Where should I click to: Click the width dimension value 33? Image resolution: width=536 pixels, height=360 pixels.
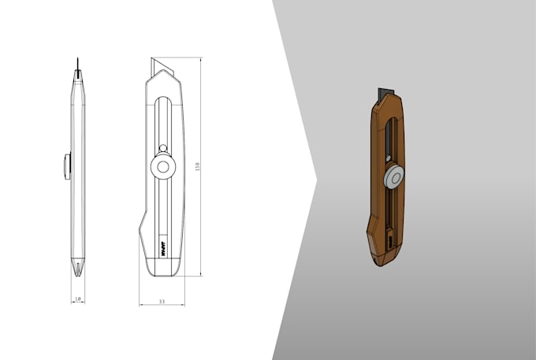[x=162, y=301]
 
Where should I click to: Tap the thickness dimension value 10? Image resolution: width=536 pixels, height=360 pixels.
[x=76, y=300]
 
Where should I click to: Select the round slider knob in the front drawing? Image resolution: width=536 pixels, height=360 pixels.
[x=163, y=166]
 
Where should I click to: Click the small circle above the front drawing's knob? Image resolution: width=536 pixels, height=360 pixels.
[x=162, y=148]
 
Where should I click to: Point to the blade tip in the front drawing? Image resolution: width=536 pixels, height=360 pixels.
[x=153, y=61]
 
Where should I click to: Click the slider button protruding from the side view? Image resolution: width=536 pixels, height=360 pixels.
[x=67, y=166]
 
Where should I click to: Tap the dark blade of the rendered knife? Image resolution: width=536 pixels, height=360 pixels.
[x=385, y=92]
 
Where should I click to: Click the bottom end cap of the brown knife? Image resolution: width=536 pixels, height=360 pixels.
[x=382, y=255]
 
